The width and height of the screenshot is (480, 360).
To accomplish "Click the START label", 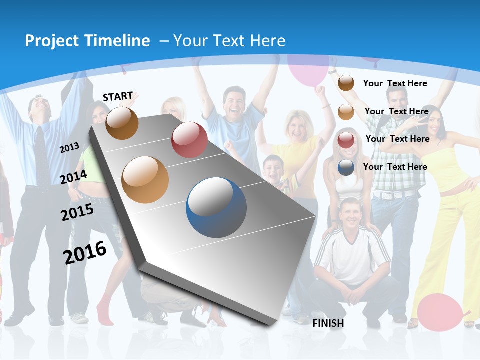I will tap(118, 96).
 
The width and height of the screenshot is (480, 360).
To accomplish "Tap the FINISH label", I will tap(328, 323).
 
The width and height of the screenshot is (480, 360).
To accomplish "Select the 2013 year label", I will tap(69, 147).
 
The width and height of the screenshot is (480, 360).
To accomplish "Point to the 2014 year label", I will tap(73, 177).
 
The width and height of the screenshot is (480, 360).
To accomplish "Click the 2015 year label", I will tap(77, 212).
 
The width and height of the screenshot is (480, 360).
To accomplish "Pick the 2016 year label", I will tap(85, 252).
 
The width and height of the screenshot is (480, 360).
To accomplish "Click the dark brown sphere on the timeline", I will tap(122, 123).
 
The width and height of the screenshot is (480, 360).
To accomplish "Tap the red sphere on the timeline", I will tap(189, 140).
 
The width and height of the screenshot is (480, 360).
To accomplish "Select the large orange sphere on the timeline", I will tap(145, 180).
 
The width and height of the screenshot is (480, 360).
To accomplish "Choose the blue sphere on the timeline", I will tap(216, 207).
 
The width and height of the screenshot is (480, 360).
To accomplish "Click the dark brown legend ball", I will tap(346, 83).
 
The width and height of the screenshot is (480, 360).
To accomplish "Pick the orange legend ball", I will tap(346, 112).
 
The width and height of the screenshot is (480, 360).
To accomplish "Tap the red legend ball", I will tap(346, 140).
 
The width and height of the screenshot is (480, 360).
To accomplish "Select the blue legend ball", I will tap(346, 167).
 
